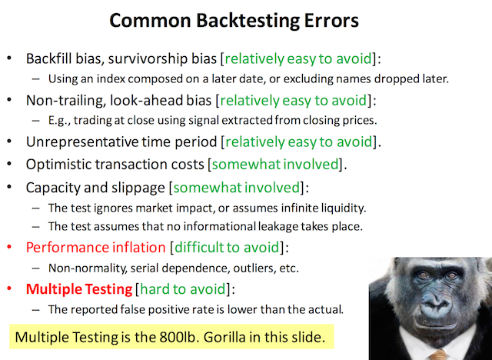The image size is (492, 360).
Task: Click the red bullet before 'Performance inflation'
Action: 8,248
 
